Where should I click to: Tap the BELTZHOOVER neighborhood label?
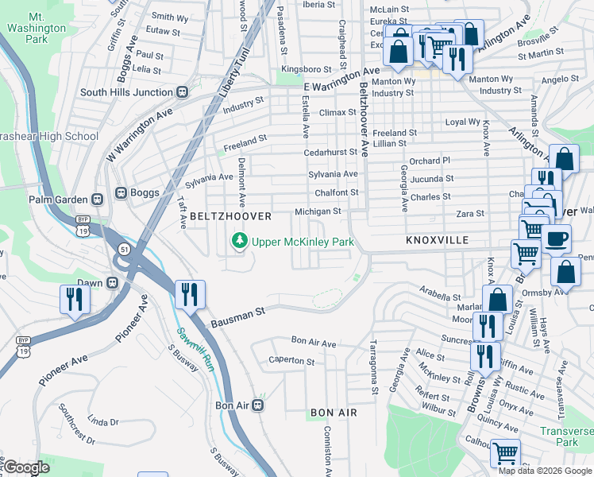[230, 216]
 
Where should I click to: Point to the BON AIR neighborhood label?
[333, 413]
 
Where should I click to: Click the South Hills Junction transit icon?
[182, 92]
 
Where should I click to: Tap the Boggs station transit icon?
[121, 192]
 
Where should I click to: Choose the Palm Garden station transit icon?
[98, 200]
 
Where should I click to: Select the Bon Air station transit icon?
[259, 405]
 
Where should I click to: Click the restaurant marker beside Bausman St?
[190, 294]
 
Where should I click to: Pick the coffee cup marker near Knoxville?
[556, 238]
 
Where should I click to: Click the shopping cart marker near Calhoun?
[505, 453]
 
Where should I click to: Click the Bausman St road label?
[237, 315]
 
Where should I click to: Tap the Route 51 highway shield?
[125, 250]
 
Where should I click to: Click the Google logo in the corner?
[26, 467]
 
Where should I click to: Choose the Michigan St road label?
[318, 212]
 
